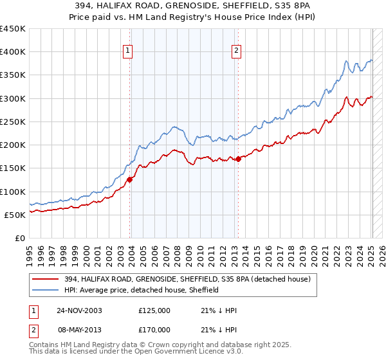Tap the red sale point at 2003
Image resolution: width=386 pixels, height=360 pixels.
coord(130,179)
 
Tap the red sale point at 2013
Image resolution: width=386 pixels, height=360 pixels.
coord(238,159)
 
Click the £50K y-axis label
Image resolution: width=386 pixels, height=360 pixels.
coord(15,215)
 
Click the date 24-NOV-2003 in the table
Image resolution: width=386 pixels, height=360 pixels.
coord(80,310)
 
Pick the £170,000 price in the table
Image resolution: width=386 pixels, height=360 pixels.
coord(154,329)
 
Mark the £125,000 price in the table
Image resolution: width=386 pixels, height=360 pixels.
coord(154,310)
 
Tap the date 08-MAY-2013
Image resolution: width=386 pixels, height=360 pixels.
coord(80,329)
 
